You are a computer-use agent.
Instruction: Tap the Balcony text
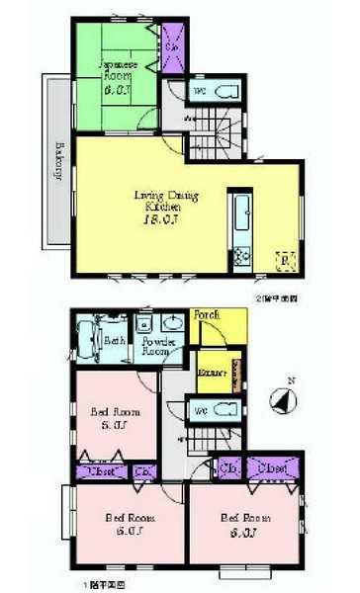(x=58, y=162)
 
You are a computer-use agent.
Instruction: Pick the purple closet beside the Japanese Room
(x=171, y=47)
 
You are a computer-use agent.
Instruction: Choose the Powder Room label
(x=157, y=345)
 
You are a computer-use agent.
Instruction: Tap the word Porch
(x=207, y=315)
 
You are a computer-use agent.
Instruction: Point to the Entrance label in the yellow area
(x=211, y=374)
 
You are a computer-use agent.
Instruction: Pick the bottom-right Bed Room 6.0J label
(x=243, y=524)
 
